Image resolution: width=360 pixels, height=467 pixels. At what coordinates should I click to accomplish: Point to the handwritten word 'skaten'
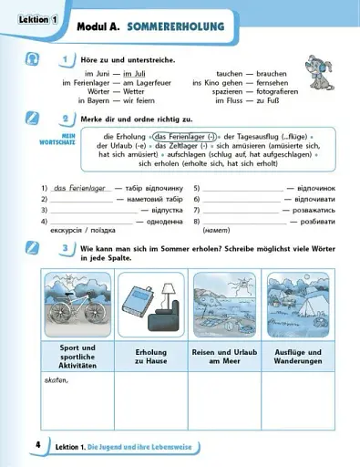tap(57, 380)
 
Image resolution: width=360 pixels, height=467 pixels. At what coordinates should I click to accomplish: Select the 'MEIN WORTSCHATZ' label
tap(56, 140)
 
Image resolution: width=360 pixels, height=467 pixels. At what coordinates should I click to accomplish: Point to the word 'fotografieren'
tap(273, 92)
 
